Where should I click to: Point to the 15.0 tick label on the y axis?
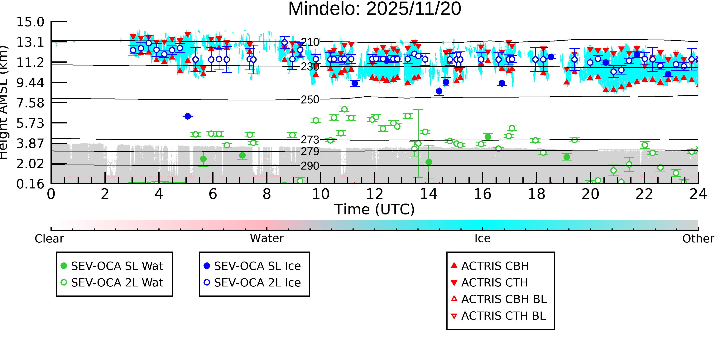tap(30, 22)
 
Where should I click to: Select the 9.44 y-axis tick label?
tap(30, 83)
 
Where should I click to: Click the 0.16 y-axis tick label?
tap(30, 184)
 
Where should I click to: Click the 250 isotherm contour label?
tap(310, 99)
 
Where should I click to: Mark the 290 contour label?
tap(310, 166)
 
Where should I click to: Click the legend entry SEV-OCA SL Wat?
tap(117, 266)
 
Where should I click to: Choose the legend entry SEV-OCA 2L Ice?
tap(257, 283)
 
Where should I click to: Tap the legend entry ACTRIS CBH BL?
tap(504, 299)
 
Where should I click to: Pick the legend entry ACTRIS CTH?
tap(494, 283)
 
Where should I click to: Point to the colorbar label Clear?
tap(49, 239)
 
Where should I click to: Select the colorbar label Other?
tap(698, 239)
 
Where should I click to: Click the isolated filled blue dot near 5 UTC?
tap(188, 116)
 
